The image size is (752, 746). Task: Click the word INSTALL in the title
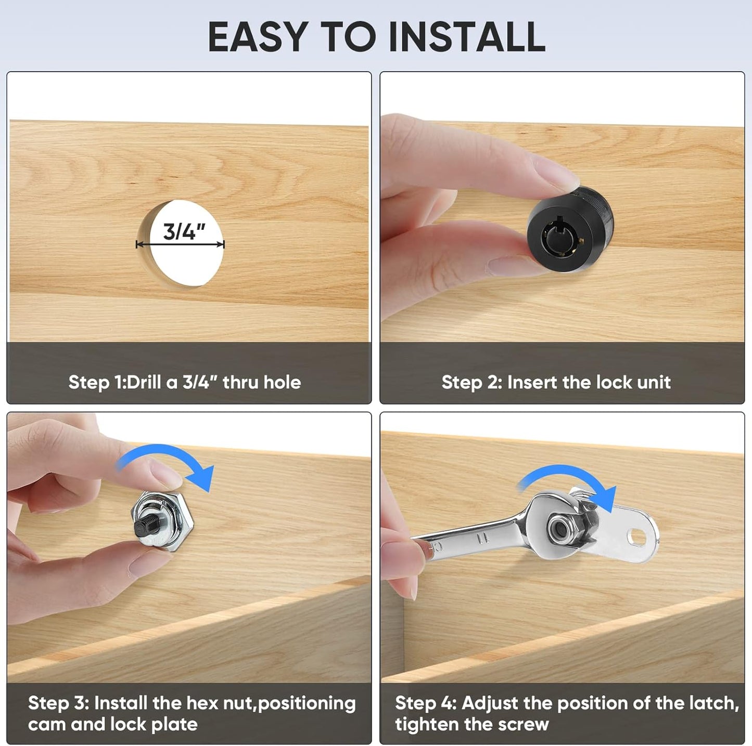coord(467,36)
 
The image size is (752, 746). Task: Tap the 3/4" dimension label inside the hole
coord(184,232)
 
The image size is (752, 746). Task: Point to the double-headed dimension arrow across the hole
coord(180,244)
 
